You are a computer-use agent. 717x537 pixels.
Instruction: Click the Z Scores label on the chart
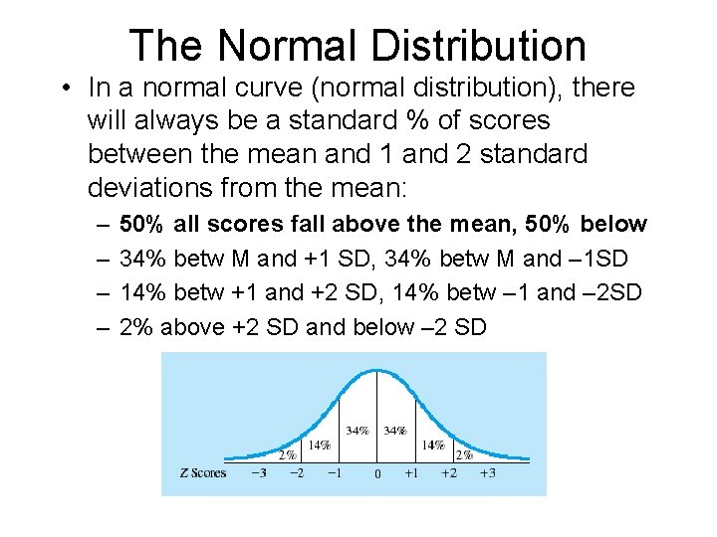[203, 472]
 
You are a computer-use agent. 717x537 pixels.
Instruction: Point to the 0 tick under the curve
[376, 474]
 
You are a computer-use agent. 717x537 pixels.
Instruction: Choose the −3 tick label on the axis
[259, 472]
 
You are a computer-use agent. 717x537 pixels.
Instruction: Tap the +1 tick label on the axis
[410, 472]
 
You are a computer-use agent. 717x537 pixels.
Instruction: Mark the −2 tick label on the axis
[296, 472]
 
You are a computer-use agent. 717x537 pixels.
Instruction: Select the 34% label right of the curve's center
[395, 431]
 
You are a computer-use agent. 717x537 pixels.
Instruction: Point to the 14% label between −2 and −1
[319, 445]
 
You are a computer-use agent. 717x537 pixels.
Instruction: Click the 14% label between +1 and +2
[433, 445]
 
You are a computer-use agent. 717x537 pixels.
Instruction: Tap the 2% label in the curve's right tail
[464, 454]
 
